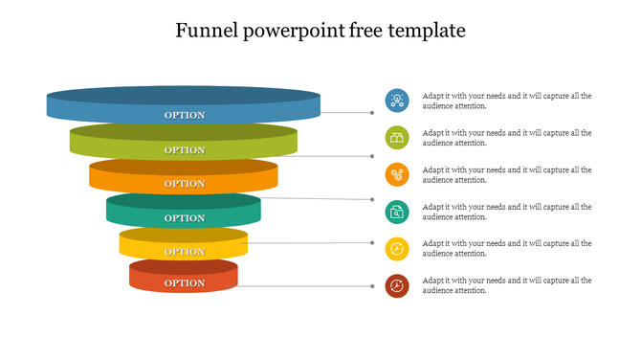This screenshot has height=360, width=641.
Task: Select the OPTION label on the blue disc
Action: click(x=185, y=115)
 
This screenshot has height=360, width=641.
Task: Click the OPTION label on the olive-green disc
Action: click(x=185, y=150)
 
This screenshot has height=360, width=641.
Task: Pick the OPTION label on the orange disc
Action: click(x=185, y=184)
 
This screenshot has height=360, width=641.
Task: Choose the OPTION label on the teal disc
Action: click(x=185, y=218)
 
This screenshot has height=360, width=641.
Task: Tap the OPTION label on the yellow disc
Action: click(x=185, y=252)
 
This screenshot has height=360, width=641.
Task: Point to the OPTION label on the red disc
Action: click(x=185, y=283)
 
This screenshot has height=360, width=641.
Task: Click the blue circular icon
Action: click(x=397, y=101)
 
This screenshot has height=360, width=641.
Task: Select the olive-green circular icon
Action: click(x=397, y=138)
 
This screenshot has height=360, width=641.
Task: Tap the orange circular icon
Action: click(x=397, y=175)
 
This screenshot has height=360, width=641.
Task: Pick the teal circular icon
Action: click(x=397, y=213)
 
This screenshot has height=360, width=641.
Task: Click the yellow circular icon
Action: click(x=397, y=250)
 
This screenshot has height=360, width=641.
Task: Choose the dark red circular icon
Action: click(x=397, y=285)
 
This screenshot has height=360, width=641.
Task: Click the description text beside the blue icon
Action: click(x=507, y=101)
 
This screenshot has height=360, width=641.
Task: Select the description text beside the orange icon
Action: click(x=507, y=175)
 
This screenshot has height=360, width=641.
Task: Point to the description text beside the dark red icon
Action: click(x=507, y=285)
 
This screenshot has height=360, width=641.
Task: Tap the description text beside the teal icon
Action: click(x=507, y=212)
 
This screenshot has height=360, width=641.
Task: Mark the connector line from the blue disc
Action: click(x=346, y=112)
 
